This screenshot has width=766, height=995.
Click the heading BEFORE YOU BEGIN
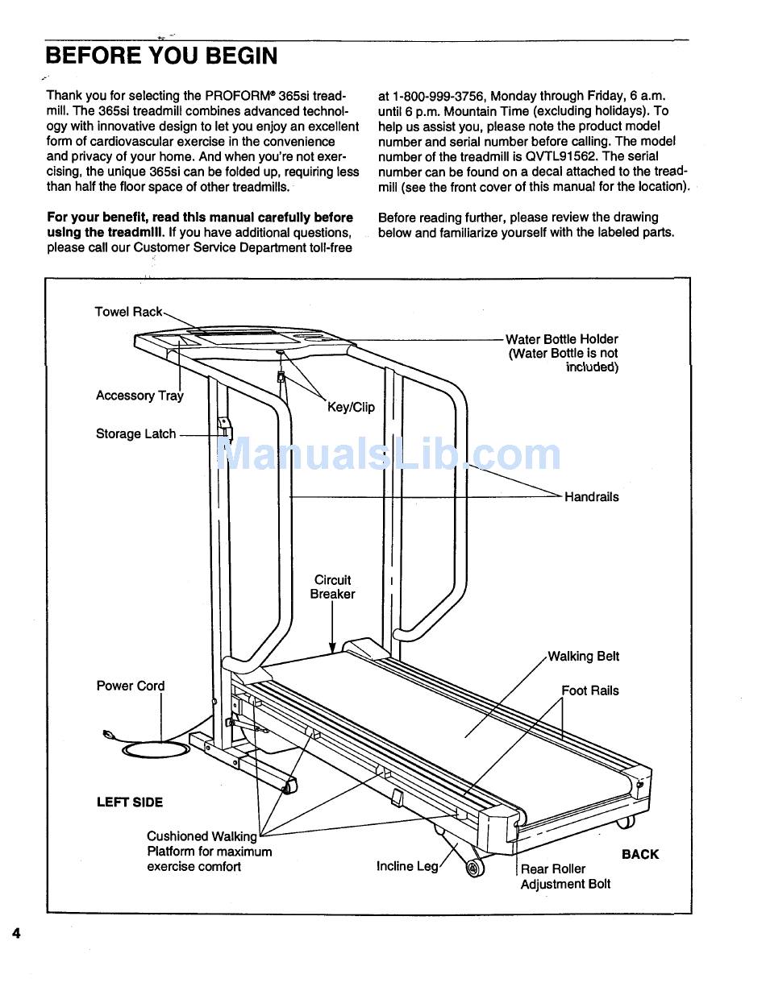click(x=162, y=56)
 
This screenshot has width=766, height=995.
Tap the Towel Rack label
click(x=128, y=312)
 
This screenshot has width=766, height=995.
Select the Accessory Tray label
click(x=139, y=396)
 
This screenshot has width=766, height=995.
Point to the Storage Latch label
click(x=135, y=433)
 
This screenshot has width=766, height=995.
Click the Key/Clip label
click(x=351, y=407)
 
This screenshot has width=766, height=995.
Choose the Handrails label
click(x=592, y=497)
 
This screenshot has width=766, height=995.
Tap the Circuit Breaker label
click(x=332, y=587)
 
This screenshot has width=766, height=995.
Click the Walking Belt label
click(x=583, y=656)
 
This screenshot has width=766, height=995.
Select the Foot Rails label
click(x=590, y=690)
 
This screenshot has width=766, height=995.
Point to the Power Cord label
click(x=131, y=686)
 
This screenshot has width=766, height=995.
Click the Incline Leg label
click(x=407, y=866)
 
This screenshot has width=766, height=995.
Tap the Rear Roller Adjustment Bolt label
click(x=565, y=877)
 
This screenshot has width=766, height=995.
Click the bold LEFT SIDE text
click(x=130, y=802)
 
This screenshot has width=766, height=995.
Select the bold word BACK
click(x=640, y=855)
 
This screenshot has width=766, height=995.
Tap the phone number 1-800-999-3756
click(x=439, y=96)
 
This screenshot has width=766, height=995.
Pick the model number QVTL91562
click(x=561, y=156)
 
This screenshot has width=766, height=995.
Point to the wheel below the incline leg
click(x=475, y=867)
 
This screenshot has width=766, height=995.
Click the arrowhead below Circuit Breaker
click(x=332, y=647)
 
